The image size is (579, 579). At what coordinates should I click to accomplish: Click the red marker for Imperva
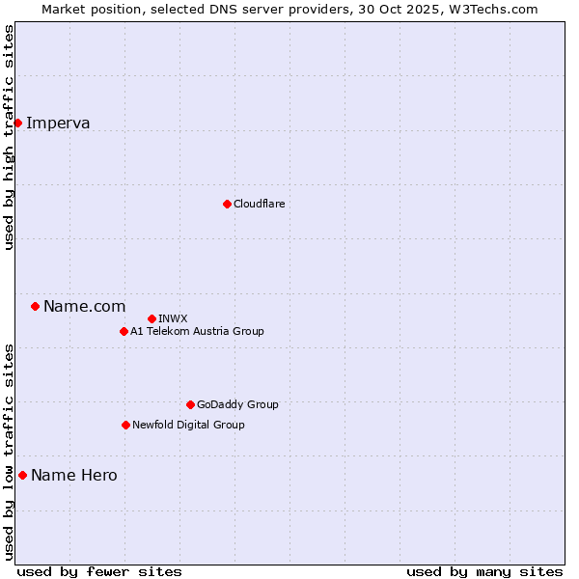tap(17, 123)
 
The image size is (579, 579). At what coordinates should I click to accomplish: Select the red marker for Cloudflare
tap(227, 204)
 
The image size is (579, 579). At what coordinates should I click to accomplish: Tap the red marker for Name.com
tap(35, 306)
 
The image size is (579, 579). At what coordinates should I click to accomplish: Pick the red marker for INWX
tap(152, 318)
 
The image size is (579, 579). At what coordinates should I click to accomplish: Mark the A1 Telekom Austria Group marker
tap(124, 331)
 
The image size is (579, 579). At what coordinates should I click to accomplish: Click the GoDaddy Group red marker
tap(190, 404)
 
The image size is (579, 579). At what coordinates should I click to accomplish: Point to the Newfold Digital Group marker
tap(125, 425)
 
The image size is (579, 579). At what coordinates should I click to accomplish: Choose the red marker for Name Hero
tap(22, 475)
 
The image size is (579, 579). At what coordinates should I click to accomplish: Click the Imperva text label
tap(58, 123)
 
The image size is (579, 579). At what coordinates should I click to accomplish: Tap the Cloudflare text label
tap(259, 204)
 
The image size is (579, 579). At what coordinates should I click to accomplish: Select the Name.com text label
tap(84, 306)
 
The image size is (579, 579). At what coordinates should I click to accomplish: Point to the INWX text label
tap(173, 318)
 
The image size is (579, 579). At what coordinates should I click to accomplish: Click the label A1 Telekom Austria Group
tap(197, 331)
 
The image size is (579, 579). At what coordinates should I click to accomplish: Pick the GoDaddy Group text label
tap(237, 404)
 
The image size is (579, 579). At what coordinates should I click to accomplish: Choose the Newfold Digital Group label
tap(188, 425)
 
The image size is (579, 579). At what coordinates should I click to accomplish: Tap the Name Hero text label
tap(73, 475)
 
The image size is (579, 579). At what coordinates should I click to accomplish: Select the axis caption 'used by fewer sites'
tap(99, 571)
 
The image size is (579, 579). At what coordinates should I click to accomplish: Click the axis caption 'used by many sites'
tap(484, 571)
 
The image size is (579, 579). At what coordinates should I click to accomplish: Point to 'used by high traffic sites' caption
tap(10, 137)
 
